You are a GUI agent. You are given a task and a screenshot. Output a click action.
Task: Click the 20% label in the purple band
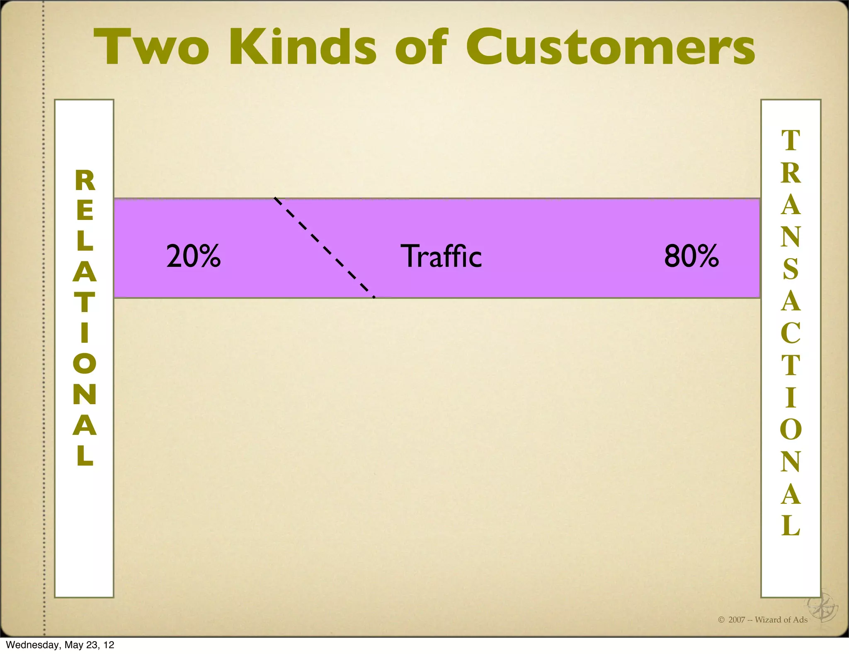[x=194, y=256]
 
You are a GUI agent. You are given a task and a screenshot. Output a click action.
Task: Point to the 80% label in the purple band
[x=691, y=256]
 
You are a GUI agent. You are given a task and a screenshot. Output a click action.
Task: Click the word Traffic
[x=441, y=256]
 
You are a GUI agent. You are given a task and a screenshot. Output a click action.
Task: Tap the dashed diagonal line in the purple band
[x=324, y=248]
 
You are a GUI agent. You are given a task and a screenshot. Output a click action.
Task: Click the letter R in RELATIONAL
[x=85, y=181]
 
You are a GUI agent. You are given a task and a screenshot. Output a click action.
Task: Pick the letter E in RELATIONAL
[x=85, y=210]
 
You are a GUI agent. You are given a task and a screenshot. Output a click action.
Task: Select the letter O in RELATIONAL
[x=85, y=363]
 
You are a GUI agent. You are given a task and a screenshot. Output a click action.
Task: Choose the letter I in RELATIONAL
[x=85, y=332]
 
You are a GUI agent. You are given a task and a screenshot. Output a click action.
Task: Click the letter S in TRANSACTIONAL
[x=791, y=269]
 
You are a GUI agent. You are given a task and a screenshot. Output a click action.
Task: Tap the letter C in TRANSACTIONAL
[x=791, y=333]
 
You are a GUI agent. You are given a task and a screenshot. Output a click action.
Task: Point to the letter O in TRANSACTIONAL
[x=791, y=429]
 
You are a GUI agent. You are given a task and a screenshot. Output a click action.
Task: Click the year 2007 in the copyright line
[x=737, y=620]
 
